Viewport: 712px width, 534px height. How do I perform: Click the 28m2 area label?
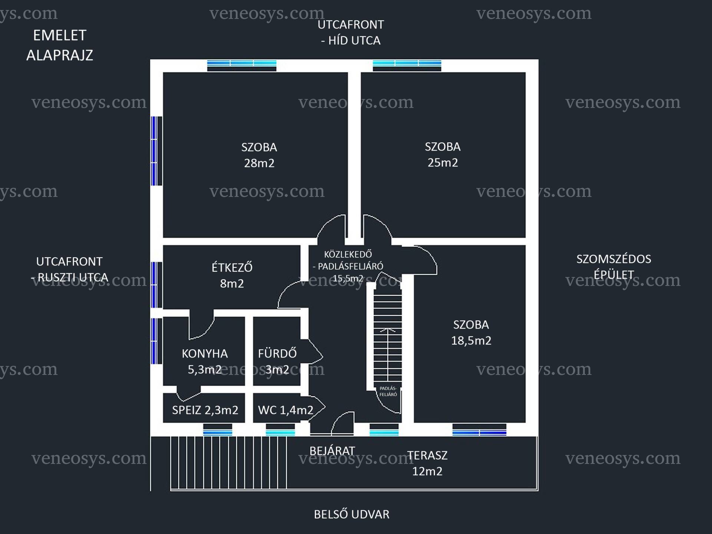(x=259, y=163)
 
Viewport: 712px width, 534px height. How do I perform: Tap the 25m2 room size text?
(x=442, y=162)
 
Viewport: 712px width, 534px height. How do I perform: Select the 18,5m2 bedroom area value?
(x=471, y=340)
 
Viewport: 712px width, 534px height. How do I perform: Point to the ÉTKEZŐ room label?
(x=232, y=267)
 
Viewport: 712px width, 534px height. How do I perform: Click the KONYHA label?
(x=205, y=353)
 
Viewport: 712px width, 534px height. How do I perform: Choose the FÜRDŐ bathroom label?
(x=277, y=353)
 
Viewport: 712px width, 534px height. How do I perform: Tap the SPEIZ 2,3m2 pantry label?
(x=205, y=410)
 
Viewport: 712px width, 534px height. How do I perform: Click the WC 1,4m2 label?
(x=286, y=410)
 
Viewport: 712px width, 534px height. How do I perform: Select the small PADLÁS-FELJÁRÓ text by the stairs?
(x=388, y=391)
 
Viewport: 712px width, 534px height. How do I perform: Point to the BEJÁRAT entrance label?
(x=332, y=451)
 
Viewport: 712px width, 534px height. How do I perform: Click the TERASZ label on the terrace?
(x=427, y=455)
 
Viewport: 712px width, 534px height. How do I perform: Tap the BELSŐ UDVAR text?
(x=352, y=514)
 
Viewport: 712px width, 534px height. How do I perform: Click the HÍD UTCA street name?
(x=354, y=40)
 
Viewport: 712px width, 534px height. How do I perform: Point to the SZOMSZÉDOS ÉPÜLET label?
(x=613, y=267)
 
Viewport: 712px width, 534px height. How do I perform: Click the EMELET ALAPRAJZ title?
(x=60, y=45)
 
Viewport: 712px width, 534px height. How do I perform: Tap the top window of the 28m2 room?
(x=242, y=66)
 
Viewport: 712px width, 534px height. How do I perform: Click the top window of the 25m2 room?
(x=407, y=66)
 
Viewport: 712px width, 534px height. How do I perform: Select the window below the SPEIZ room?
(x=218, y=430)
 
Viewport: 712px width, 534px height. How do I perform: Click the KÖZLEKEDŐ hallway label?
(x=348, y=254)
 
